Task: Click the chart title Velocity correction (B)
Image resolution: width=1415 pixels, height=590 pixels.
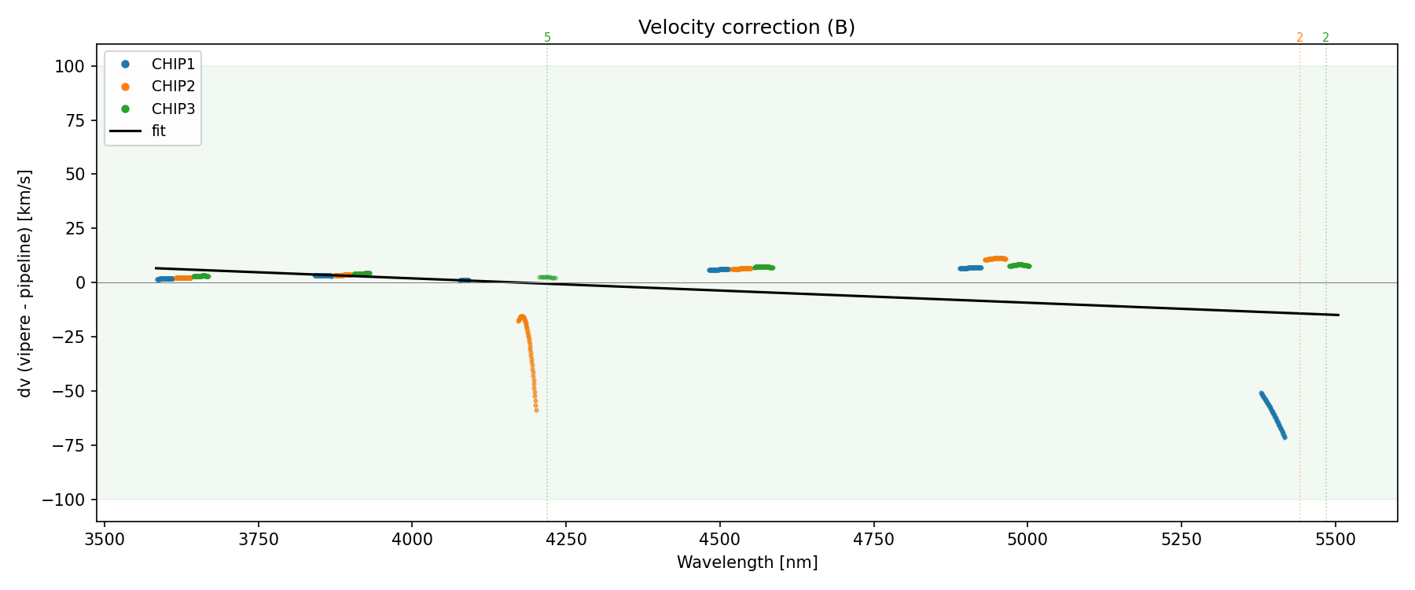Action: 746,28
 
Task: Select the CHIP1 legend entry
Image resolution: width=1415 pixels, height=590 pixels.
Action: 173,64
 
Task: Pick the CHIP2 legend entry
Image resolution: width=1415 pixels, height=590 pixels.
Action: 173,87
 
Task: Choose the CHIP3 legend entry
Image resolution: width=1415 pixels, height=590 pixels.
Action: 173,109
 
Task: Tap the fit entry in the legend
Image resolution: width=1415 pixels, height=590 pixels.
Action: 158,131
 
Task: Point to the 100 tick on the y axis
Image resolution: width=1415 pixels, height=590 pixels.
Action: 69,66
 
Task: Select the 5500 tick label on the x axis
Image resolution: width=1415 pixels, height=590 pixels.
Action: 1336,539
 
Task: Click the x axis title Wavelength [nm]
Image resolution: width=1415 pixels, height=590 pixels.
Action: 747,562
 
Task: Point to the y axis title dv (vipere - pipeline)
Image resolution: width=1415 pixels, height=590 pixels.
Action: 25,283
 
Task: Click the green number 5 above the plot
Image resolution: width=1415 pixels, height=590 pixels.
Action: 547,38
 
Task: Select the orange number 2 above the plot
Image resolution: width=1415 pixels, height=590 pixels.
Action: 1299,38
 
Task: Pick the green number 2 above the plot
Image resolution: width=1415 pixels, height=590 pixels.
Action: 1325,38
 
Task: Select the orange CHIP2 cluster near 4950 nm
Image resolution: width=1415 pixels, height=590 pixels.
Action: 995,259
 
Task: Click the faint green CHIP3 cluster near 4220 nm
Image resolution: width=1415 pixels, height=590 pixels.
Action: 547,278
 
